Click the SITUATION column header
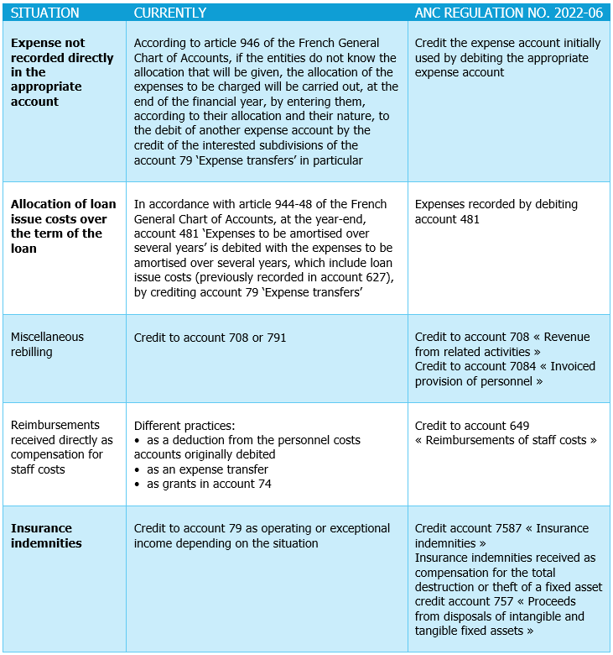point(44,13)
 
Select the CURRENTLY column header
point(169,13)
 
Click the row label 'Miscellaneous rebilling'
point(47,344)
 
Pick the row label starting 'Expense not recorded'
point(61,71)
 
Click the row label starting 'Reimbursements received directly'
point(61,447)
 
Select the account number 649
point(517,426)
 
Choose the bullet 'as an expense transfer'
point(207,469)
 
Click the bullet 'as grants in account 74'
point(209,484)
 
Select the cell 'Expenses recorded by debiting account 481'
point(496,212)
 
